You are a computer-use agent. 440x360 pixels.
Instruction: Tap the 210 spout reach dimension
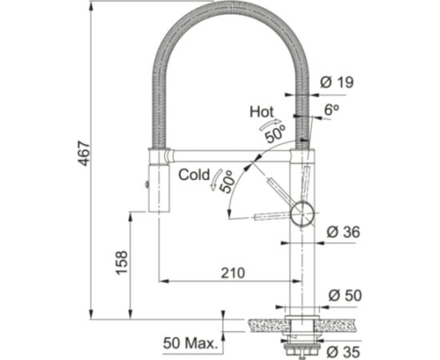coord(231,274)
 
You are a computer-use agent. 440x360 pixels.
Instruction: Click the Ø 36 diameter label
coord(343,233)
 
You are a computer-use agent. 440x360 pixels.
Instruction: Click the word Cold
coord(194,174)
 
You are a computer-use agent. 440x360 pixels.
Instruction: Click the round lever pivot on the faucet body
coord(302,214)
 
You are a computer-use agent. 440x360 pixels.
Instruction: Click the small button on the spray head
coord(147,186)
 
